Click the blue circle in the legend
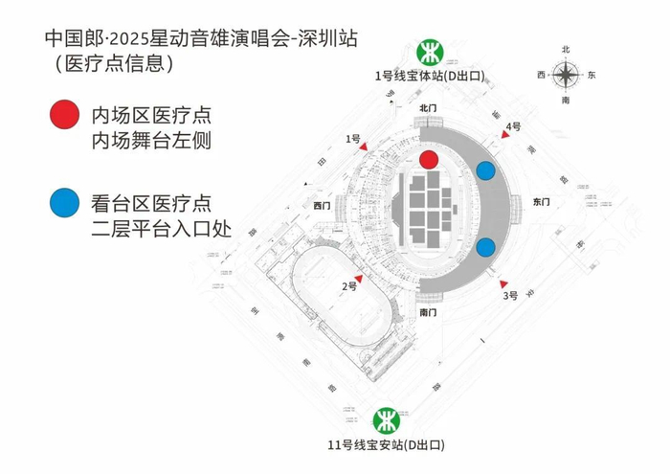64,203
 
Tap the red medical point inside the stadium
429,159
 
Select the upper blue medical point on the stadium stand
486,171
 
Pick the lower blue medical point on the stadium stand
486,246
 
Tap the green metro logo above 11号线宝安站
386,418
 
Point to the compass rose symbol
567,74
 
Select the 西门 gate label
322,205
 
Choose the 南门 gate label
428,312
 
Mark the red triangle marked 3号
504,283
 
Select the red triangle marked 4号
504,135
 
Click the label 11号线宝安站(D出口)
385,445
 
